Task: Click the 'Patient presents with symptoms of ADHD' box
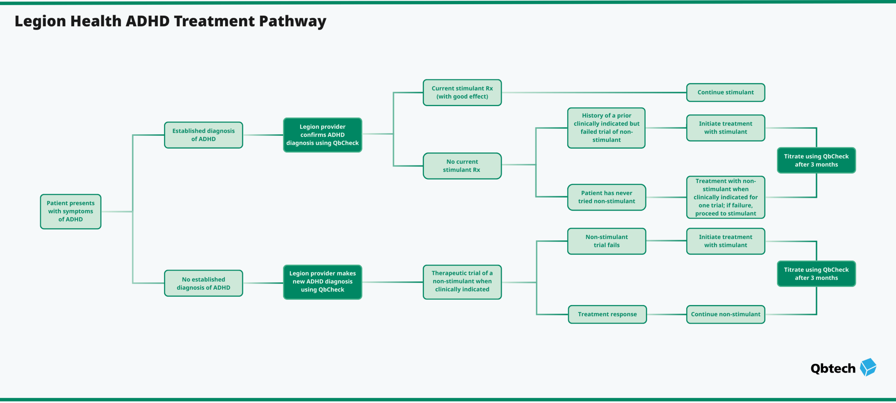coord(70,211)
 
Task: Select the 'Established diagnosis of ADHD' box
coord(203,135)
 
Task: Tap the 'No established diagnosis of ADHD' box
coord(203,283)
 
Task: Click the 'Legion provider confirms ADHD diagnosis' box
coord(322,135)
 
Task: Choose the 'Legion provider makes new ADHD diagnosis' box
coord(322,282)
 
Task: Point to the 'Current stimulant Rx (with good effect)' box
coord(462,92)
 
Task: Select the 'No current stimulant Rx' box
coord(462,166)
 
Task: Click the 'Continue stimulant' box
coord(725,92)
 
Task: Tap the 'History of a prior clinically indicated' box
coord(606,128)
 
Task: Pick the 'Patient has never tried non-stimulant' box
coord(606,197)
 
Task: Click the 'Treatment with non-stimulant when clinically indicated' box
coord(725,197)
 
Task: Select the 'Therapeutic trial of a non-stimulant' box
coord(462,282)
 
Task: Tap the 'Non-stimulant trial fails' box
coord(606,241)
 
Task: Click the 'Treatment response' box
coord(607,314)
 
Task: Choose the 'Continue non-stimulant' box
coord(725,314)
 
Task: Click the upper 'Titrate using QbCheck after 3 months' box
coord(816,160)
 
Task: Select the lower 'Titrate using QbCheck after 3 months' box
coord(816,274)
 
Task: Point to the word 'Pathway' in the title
coord(293,22)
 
